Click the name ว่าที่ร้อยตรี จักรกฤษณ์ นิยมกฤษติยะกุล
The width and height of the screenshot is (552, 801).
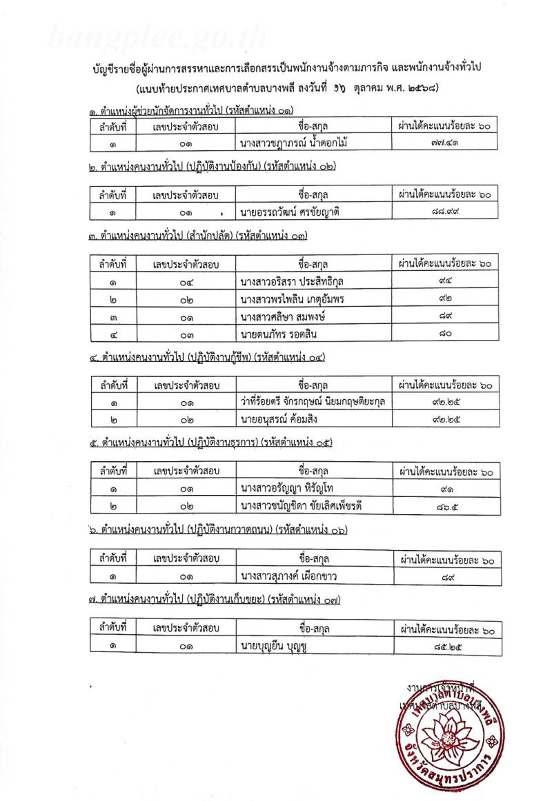[308, 401]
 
